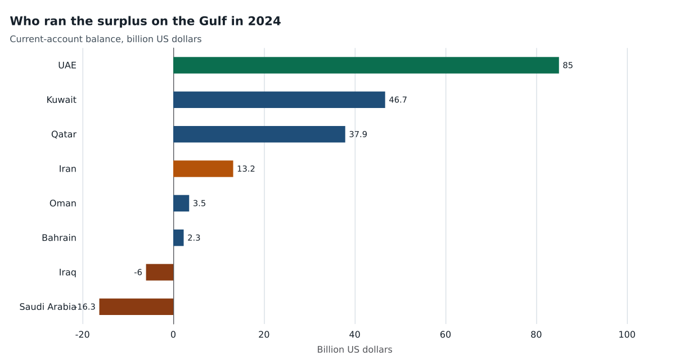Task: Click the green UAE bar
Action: click(x=366, y=65)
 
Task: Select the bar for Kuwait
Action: click(x=280, y=100)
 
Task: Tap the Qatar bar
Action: click(x=259, y=134)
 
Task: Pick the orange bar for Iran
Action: click(x=204, y=169)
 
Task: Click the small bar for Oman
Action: click(x=181, y=204)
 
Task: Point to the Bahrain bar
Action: click(x=179, y=238)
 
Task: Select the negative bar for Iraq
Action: click(x=160, y=272)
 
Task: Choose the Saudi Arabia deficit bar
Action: click(x=137, y=307)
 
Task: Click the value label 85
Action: click(x=568, y=65)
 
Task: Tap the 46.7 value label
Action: click(x=398, y=100)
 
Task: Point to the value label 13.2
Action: click(x=246, y=169)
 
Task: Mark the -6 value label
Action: click(x=138, y=272)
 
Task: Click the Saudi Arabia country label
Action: click(x=48, y=307)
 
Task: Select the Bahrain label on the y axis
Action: click(x=59, y=238)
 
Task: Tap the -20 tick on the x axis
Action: click(x=83, y=335)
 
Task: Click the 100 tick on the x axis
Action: click(x=627, y=335)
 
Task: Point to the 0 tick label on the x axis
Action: click(x=173, y=335)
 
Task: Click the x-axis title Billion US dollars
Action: click(x=355, y=349)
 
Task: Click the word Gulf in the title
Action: click(x=214, y=21)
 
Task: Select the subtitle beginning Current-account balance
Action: click(x=106, y=39)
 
